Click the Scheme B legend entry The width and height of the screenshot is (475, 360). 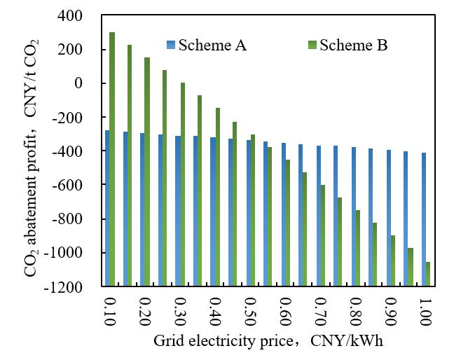coord(353,46)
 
